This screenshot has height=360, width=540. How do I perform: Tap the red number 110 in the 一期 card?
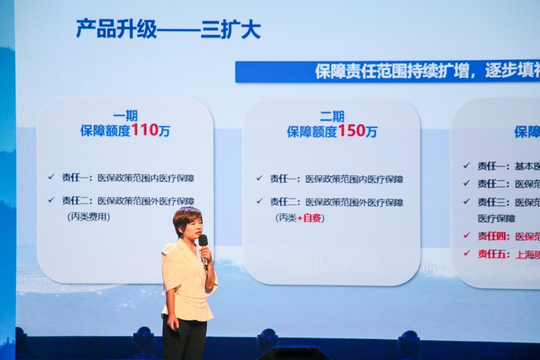click(145, 130)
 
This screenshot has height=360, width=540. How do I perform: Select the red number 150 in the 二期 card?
click(351, 131)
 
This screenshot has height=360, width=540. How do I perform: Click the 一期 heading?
click(125, 116)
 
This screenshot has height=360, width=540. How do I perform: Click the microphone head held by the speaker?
click(203, 240)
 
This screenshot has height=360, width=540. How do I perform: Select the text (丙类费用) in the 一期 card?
click(88, 217)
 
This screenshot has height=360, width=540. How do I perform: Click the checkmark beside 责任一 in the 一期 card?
click(51, 177)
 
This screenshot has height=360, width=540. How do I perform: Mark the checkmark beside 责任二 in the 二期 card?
click(260, 201)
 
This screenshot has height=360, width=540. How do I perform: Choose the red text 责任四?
click(494, 237)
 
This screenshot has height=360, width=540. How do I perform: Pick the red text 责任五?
click(494, 254)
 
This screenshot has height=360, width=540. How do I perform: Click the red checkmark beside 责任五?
click(467, 253)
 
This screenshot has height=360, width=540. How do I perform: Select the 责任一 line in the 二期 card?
click(336, 179)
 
